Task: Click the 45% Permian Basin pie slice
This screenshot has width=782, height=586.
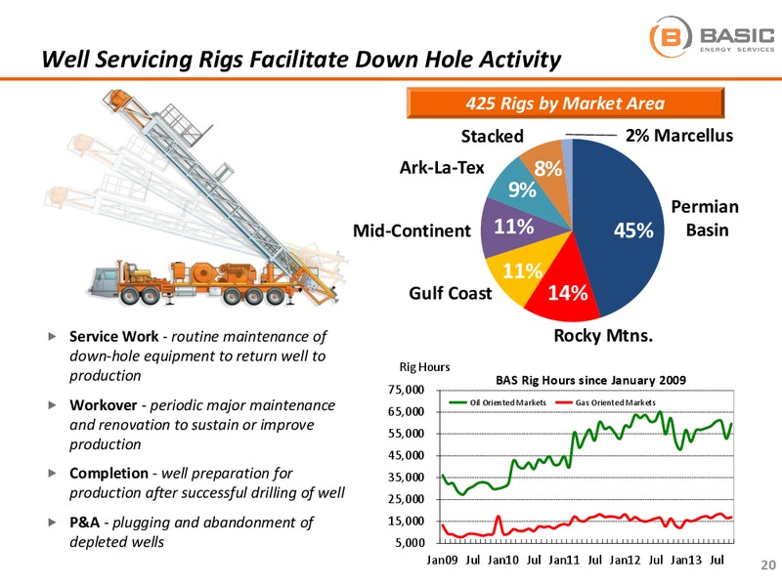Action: pos(624,230)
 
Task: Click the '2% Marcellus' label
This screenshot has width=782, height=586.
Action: pos(679,135)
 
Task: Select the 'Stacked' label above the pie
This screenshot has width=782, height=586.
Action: pos(492,136)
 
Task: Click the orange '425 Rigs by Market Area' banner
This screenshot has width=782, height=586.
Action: pos(565,103)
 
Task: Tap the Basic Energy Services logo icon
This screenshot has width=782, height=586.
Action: pos(671,36)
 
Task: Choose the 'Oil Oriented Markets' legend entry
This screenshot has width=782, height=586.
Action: pos(498,402)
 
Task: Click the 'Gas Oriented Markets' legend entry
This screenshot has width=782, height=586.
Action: pos(605,402)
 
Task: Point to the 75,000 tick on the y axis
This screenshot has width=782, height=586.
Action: pos(406,390)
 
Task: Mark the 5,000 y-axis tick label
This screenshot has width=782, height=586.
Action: pos(410,543)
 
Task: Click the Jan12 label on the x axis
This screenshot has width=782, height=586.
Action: pos(625,560)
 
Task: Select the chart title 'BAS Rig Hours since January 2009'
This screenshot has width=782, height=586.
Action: pos(590,380)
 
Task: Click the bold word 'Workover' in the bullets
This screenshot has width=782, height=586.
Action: pos(104,405)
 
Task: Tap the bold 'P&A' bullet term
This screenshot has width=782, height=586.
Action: pos(84,523)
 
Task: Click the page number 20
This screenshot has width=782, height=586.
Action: pos(768,565)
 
